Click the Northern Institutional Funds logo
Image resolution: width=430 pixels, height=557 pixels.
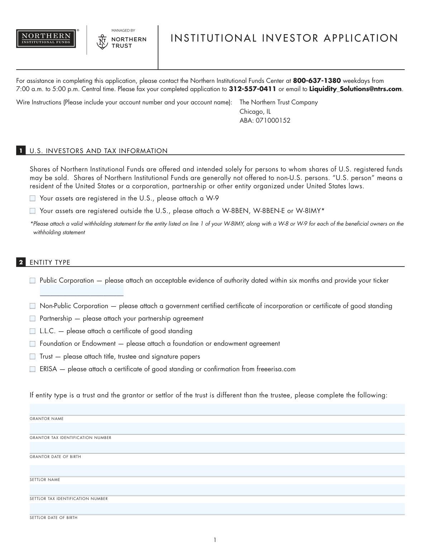coord(46,39)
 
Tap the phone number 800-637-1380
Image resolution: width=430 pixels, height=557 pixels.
coord(317,81)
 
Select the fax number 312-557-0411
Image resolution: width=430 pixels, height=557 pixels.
coord(252,89)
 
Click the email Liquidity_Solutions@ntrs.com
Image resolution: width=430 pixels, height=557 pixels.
coord(355,89)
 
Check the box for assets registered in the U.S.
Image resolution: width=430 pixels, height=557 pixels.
coord(33,198)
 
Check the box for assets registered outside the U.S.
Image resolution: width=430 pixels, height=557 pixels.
coord(33,211)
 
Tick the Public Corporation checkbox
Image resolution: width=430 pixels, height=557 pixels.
coord(33,280)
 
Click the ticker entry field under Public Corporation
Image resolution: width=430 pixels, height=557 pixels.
coord(82,291)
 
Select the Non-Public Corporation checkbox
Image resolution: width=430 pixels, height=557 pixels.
coord(33,306)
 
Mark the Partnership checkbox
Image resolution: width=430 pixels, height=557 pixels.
coord(33,318)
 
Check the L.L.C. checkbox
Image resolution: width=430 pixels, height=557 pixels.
coord(33,331)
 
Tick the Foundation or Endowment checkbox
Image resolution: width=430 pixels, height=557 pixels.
coord(33,344)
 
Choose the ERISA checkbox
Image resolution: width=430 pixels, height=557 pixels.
coord(33,369)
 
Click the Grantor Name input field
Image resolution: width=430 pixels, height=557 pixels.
coord(217,410)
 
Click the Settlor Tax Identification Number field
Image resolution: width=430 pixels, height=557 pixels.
coord(217,490)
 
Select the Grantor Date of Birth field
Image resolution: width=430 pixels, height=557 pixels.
coord(217,448)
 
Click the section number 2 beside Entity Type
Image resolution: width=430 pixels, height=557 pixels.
coord(21,263)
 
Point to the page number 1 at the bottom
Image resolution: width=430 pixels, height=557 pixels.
coord(215,540)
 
